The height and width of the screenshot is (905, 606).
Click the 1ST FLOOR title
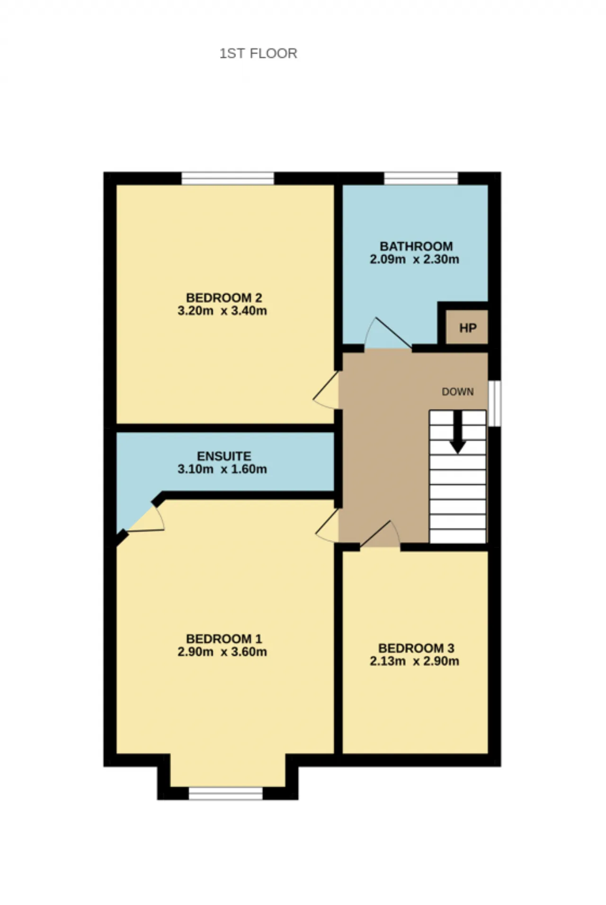(x=258, y=53)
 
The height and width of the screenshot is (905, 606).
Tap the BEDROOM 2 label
(x=224, y=298)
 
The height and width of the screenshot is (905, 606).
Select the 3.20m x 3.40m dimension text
(x=222, y=311)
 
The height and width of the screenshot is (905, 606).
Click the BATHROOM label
(x=416, y=246)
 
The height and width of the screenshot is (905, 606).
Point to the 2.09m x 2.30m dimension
(x=414, y=259)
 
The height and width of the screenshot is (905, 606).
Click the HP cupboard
(x=467, y=327)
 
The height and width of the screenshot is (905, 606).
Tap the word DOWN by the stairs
(x=458, y=392)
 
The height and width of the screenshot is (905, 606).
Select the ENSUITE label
(x=224, y=456)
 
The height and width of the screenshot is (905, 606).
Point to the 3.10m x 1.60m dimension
(x=222, y=469)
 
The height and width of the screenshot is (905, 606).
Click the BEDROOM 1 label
(x=224, y=639)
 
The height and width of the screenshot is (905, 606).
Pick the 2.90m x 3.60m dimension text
(x=222, y=652)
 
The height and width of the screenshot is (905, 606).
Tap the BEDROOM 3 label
(x=416, y=648)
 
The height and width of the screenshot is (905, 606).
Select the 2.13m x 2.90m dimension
(x=414, y=661)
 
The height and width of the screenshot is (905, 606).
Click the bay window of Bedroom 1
(x=226, y=793)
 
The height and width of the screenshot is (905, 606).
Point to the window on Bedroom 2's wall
(x=228, y=178)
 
